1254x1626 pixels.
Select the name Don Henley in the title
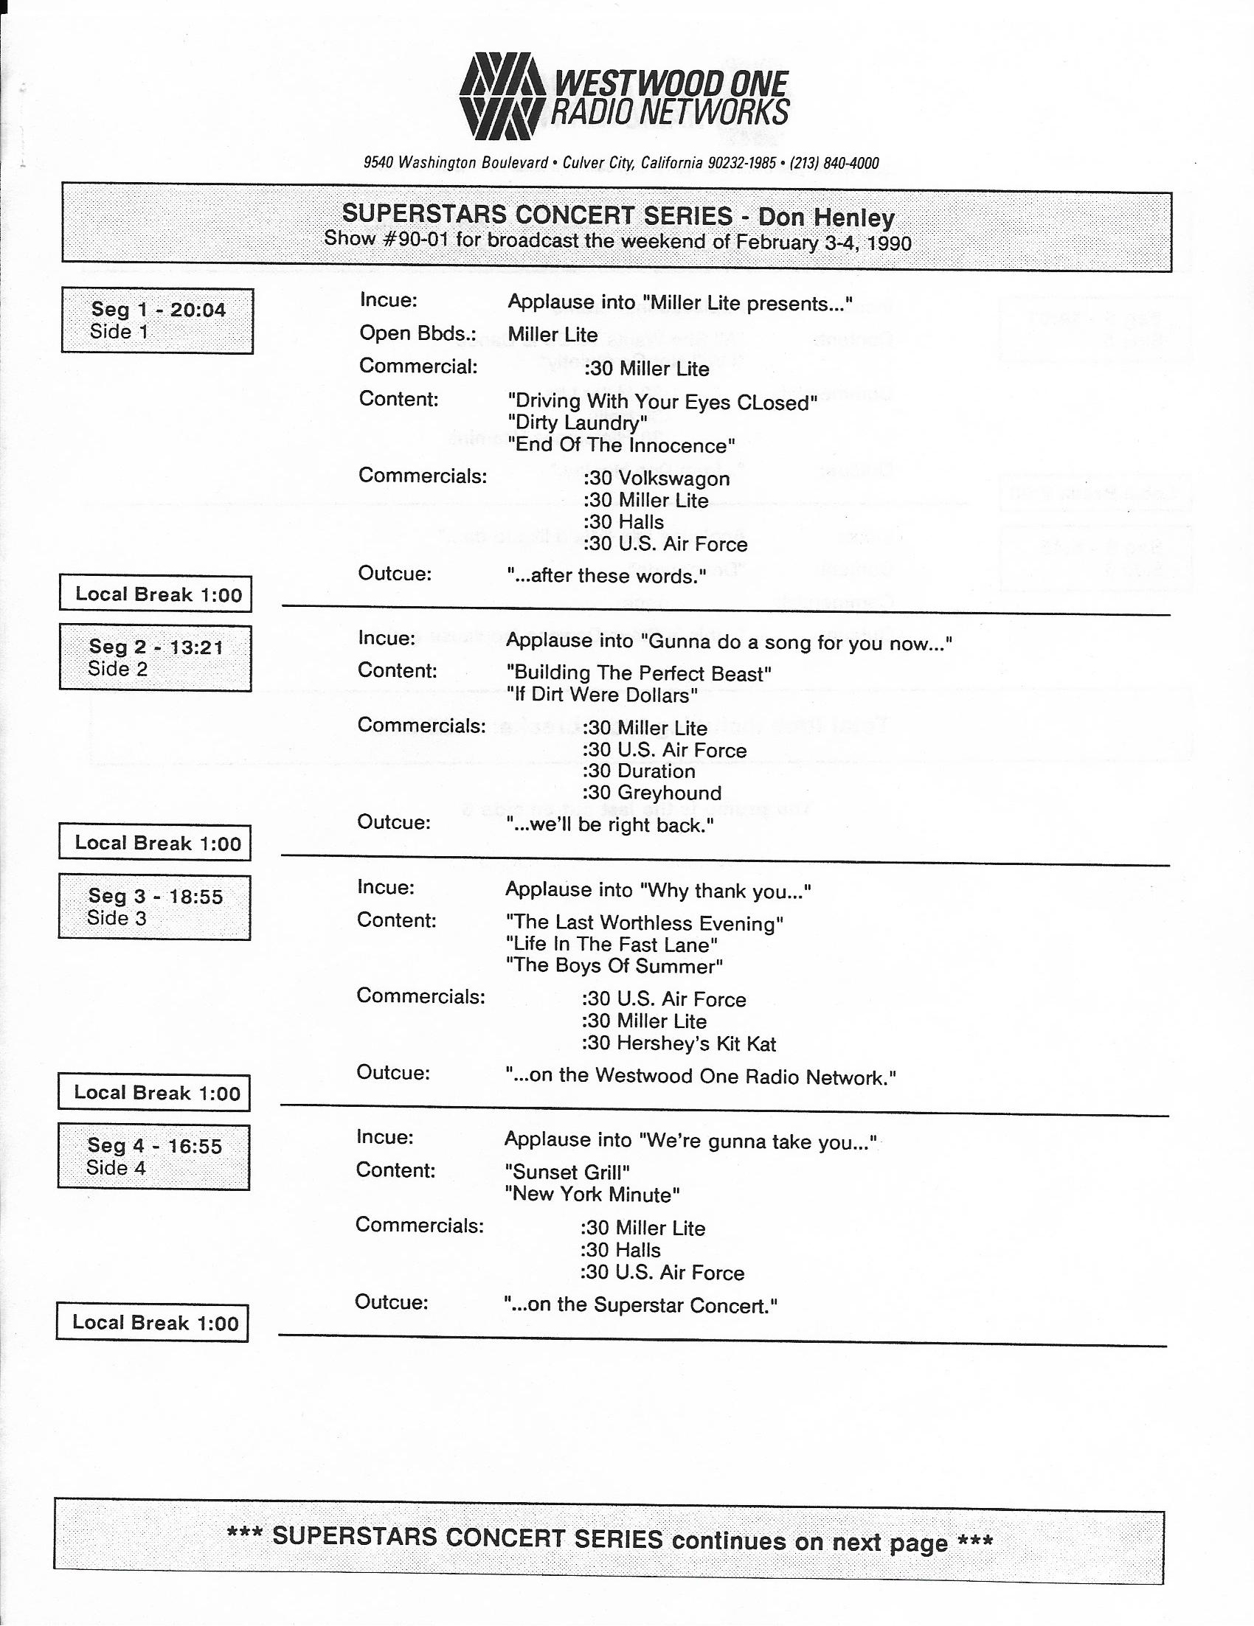point(826,218)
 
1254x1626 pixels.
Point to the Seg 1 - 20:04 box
point(157,320)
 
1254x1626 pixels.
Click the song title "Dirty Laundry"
point(577,423)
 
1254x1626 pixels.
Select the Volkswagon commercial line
point(657,478)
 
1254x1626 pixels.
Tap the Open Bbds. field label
point(417,333)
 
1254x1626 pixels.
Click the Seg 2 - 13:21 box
point(156,657)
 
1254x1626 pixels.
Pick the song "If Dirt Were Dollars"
point(602,695)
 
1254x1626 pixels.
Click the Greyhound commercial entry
point(652,793)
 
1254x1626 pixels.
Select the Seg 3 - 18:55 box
point(155,906)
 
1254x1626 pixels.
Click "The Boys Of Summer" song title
point(614,965)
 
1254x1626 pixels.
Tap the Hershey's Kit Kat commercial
point(679,1043)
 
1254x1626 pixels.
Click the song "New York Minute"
point(592,1194)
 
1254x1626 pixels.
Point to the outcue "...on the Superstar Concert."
point(640,1305)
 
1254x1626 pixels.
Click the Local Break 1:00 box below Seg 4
point(153,1323)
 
